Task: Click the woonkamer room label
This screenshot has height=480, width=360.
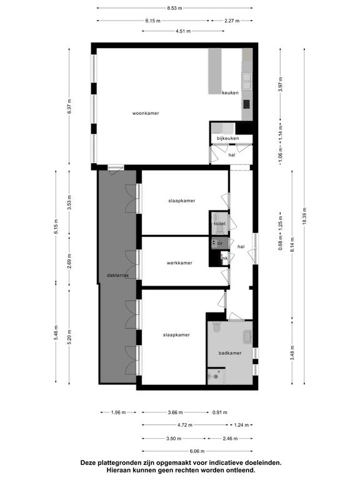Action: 146,113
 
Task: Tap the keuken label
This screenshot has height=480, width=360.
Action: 230,92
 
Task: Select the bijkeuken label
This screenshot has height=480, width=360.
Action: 227,138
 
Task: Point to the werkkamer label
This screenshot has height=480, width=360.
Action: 179,263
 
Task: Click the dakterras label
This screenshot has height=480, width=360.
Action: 117,275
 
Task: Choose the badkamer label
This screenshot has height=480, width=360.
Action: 230,353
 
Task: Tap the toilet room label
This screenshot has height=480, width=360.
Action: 219,224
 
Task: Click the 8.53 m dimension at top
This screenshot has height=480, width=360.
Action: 174,8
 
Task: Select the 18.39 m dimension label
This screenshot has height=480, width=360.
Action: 304,216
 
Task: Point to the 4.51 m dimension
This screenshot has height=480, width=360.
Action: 183,31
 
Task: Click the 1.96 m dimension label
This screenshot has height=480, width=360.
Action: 118,412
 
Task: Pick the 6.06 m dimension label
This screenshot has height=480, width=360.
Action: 197,451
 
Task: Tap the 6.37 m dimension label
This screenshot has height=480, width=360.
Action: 69,106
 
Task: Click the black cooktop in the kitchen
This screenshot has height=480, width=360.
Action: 246,104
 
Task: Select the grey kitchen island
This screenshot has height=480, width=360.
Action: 215,71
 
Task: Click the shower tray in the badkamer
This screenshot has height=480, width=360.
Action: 216,376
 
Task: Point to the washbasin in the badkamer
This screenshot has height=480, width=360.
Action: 247,336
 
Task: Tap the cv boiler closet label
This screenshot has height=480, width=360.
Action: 219,243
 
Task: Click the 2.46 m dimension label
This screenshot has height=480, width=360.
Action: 230,438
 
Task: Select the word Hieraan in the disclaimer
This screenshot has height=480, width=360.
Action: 118,470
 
